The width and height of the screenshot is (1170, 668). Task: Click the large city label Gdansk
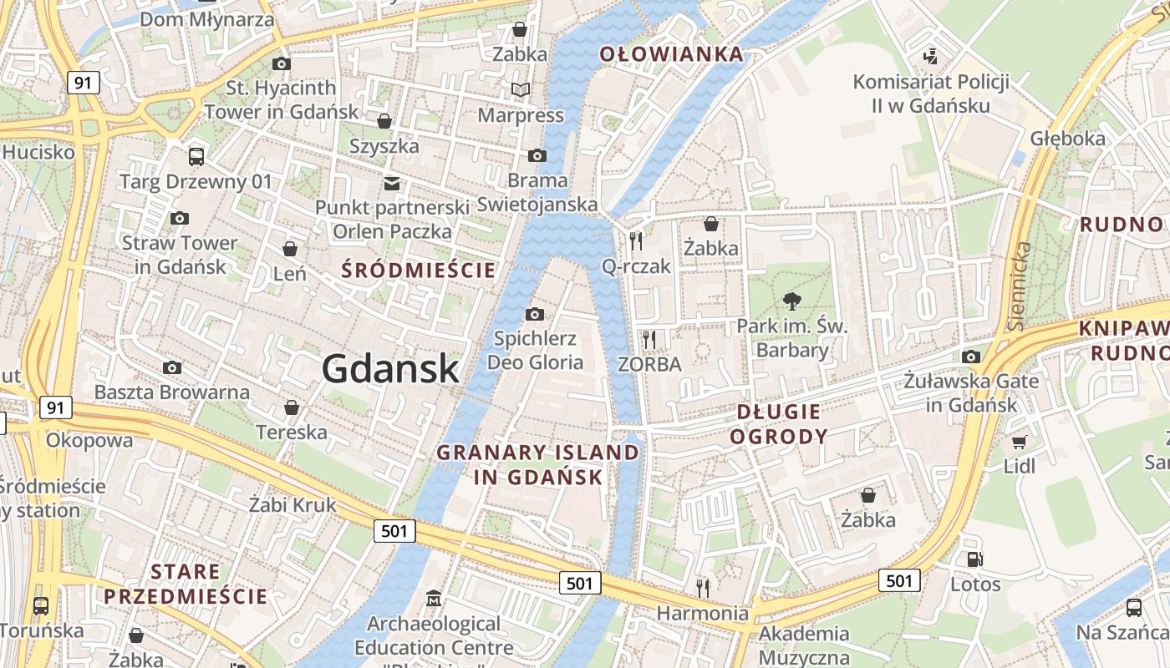[x=390, y=368]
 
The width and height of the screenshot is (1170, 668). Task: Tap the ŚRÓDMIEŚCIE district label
[x=420, y=270]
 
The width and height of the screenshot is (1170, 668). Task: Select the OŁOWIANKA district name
[x=671, y=54]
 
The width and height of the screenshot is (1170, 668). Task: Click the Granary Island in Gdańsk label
[x=538, y=465]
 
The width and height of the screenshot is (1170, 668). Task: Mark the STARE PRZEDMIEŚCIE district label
[x=186, y=584]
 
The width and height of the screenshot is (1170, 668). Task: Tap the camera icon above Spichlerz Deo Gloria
[x=535, y=314]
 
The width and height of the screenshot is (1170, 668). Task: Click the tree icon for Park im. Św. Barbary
[x=791, y=301]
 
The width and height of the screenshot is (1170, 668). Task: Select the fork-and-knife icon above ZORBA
[x=649, y=339]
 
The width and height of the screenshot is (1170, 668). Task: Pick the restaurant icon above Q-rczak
[x=637, y=240]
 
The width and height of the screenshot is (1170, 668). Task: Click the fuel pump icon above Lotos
[x=974, y=559]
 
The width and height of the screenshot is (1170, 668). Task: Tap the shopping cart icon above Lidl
[x=1019, y=441]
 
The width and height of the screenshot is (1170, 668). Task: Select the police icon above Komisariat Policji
[x=930, y=57]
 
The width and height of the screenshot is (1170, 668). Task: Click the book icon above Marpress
[x=521, y=89]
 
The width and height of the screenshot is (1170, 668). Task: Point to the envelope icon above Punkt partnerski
[x=391, y=183]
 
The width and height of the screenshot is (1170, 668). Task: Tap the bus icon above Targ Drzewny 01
[x=196, y=156]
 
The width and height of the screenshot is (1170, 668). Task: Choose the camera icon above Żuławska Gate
[x=970, y=357]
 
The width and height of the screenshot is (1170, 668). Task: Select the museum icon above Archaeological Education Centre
[x=434, y=599]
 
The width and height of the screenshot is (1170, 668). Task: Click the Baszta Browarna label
[x=171, y=392]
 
